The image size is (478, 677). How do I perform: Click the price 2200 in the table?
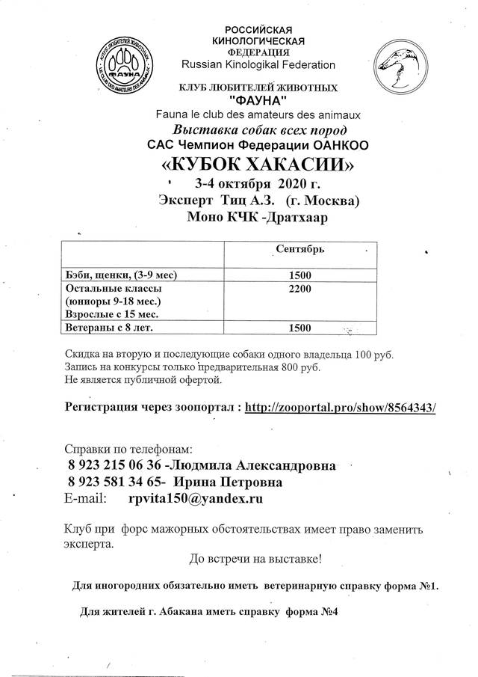click(x=299, y=288)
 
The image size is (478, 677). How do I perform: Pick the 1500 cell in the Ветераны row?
click(x=299, y=328)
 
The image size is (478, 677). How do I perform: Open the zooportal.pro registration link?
click(x=340, y=408)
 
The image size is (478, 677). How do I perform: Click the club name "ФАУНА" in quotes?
click(x=254, y=102)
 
